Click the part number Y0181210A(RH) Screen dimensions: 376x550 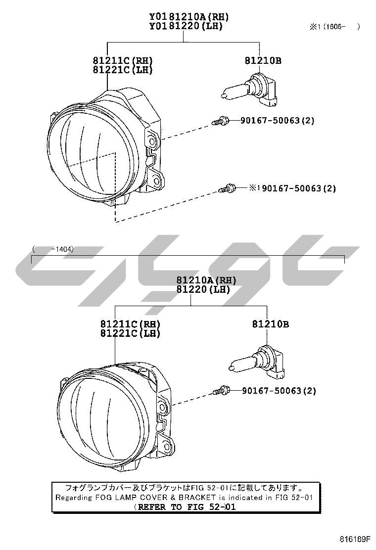tap(189, 16)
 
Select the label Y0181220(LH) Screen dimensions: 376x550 tap(186, 26)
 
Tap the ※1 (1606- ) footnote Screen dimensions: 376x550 tap(334, 26)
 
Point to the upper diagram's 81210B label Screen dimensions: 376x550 tap(263, 60)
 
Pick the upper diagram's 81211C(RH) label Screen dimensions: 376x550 tap(123, 61)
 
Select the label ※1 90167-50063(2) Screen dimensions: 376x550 tap(292, 188)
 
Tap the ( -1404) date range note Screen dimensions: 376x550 tap(53, 249)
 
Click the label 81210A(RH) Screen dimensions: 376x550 tap(206, 280)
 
